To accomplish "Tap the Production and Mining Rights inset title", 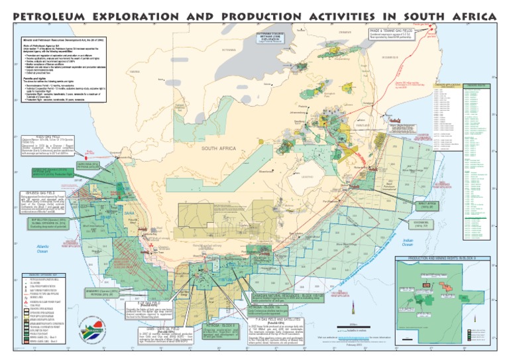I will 445,257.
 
